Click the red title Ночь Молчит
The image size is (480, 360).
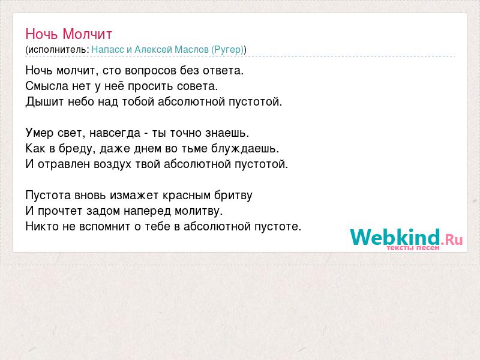point(69,34)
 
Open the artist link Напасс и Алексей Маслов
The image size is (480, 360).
point(150,50)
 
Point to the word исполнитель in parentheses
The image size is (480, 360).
point(58,50)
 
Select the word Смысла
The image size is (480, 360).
point(47,86)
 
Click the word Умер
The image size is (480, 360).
point(40,133)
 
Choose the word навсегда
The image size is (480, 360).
point(115,133)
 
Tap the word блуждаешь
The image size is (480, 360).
point(245,148)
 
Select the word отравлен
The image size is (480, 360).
point(64,164)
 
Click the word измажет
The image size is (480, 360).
point(134,196)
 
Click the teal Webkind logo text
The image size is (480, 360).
point(395,237)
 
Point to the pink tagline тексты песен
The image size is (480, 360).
point(413,248)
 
